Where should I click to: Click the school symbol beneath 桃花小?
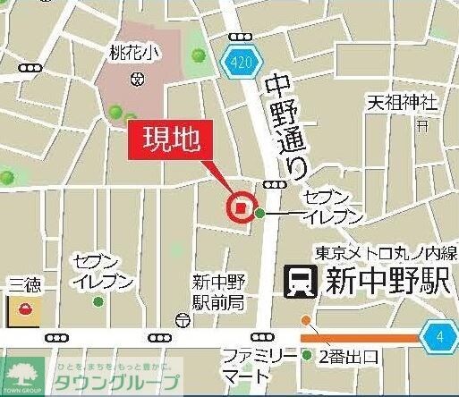(137, 79)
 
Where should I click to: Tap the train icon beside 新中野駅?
(298, 283)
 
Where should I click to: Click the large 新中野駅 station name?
(383, 283)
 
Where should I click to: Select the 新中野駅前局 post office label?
(218, 291)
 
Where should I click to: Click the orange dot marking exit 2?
(306, 320)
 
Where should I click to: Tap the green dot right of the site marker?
(260, 213)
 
